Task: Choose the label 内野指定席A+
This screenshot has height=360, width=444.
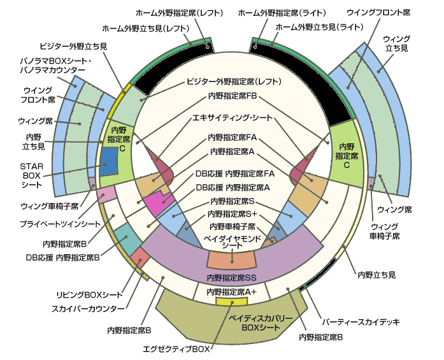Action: [x=232, y=291]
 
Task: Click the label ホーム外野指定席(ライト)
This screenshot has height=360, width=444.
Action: [x=282, y=12]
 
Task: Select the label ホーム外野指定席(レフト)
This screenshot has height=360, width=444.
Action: [x=179, y=12]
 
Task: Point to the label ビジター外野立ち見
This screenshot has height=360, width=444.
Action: [x=73, y=47]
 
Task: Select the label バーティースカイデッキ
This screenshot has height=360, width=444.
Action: [x=361, y=320]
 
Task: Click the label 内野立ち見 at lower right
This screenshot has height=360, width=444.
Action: [x=376, y=275]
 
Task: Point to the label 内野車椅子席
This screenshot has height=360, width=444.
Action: [x=233, y=227]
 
